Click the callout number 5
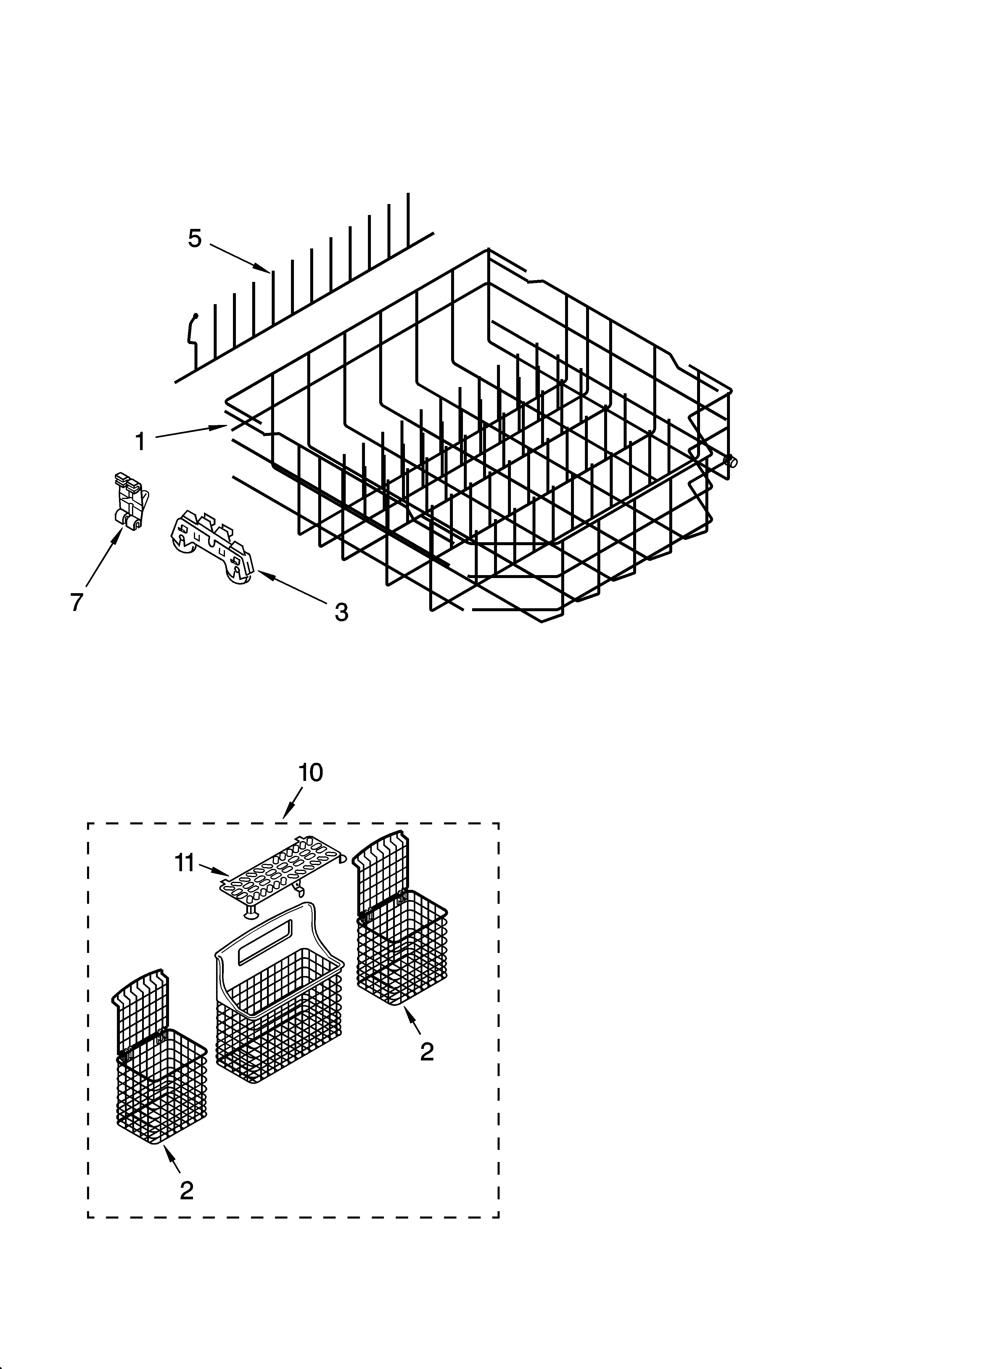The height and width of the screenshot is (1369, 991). (194, 238)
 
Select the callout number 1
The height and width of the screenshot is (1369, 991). (140, 442)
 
